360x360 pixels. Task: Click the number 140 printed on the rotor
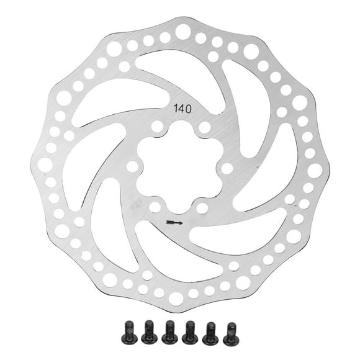182,109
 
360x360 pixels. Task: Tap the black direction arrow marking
174,222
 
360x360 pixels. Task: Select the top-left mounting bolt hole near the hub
158,127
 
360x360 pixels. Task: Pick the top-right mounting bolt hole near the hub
205,128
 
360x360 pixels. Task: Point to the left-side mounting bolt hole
132,166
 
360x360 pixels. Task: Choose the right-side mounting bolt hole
227,169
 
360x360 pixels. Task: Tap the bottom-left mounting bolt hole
155,207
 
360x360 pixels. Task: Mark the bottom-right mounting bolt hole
202,208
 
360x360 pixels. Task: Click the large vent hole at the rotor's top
183,32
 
